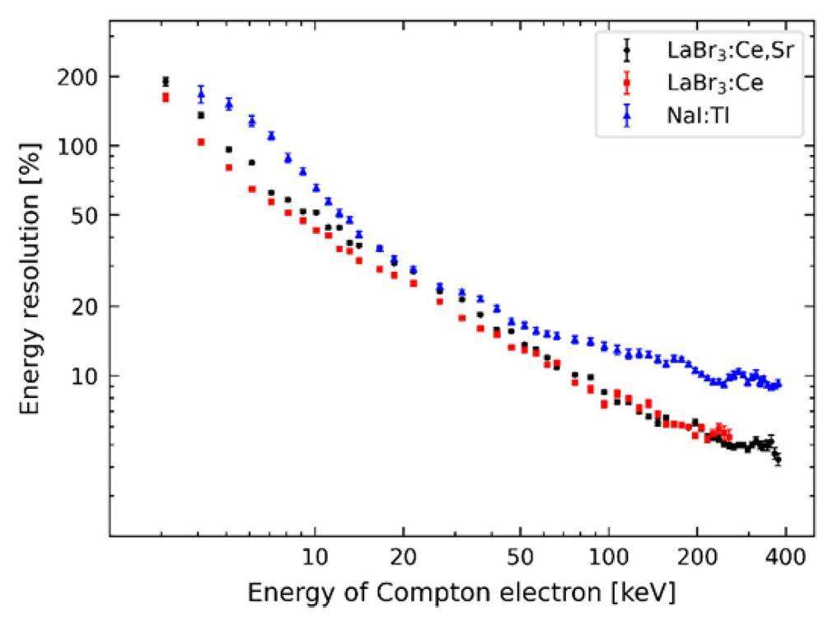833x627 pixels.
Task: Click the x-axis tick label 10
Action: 314,557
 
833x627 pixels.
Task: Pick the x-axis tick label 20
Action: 403,557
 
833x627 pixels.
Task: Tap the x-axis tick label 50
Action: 520,557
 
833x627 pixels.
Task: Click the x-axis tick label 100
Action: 608,557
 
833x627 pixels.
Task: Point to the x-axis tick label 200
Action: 697,557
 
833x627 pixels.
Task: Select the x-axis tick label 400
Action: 785,557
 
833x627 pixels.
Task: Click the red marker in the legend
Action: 627,83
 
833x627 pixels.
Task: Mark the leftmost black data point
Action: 166,82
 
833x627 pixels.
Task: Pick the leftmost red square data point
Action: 166,97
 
